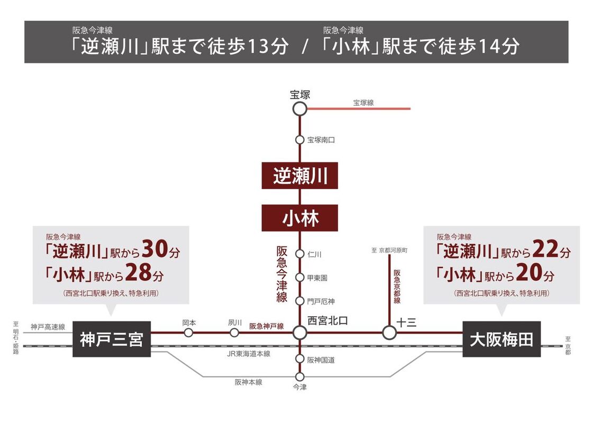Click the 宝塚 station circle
click(299, 109)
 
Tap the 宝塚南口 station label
click(321, 140)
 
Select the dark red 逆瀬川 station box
click(299, 176)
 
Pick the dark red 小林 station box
click(299, 218)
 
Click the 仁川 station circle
click(299, 254)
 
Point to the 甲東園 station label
click(317, 278)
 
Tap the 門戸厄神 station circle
click(299, 301)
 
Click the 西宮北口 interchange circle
click(299, 333)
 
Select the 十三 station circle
click(389, 333)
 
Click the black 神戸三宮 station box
click(112, 339)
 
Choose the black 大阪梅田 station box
click(501, 339)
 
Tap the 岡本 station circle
click(188, 333)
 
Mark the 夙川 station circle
click(234, 333)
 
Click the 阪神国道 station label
click(321, 360)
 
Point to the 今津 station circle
click(299, 376)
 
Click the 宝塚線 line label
click(363, 103)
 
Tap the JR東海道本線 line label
click(249, 354)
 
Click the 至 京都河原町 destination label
click(389, 250)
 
